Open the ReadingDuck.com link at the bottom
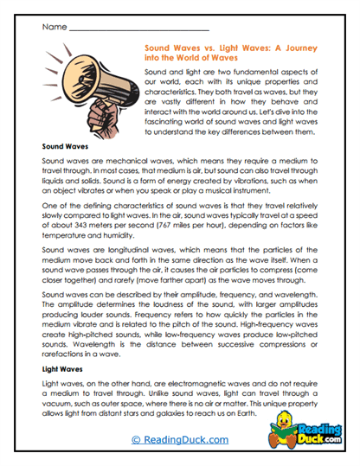[180, 439]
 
